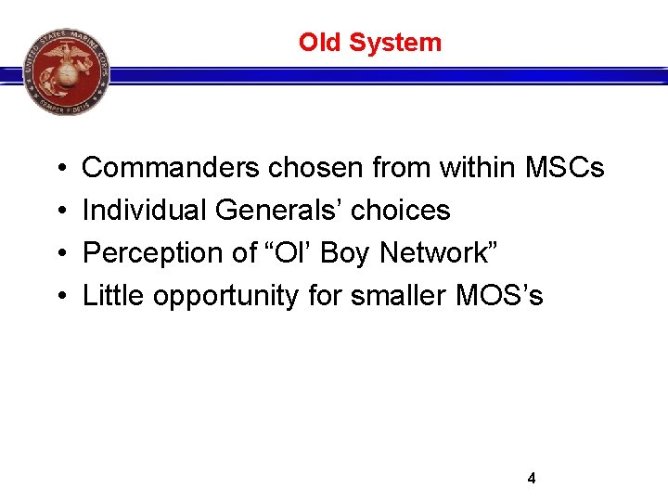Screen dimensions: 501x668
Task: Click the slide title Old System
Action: (369, 43)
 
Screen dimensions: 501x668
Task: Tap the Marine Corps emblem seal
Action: (67, 71)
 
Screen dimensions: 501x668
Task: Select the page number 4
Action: (531, 479)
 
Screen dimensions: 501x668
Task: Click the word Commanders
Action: (172, 168)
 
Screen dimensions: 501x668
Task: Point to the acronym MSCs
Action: (564, 168)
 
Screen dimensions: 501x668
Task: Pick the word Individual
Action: (145, 211)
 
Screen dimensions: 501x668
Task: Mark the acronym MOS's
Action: (499, 296)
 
